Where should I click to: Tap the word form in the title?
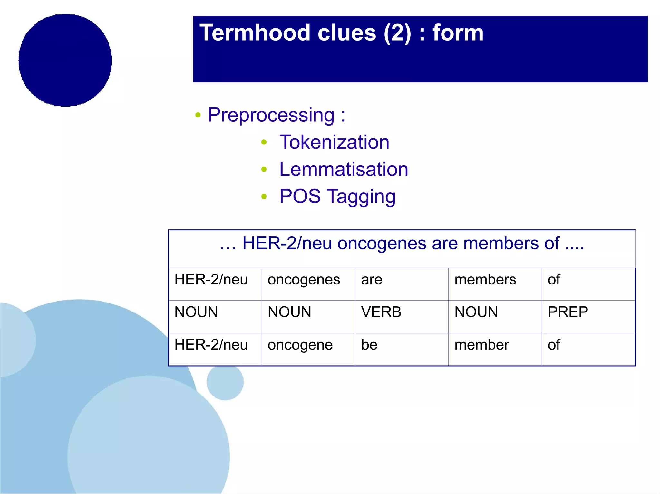(458, 33)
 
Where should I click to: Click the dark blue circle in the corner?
(65, 60)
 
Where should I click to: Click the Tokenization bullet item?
(334, 142)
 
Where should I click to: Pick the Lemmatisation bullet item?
(344, 169)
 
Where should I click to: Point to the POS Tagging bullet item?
(337, 196)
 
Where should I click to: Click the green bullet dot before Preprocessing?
(198, 115)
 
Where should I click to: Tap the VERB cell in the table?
(381, 312)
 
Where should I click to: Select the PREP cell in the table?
(568, 312)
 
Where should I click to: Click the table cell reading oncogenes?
(304, 280)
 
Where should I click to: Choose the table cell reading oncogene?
(300, 345)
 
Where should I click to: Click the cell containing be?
(369, 345)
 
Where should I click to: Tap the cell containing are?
(372, 280)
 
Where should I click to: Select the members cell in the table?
(485, 280)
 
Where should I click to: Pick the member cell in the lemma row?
(481, 345)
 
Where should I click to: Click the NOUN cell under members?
(476, 312)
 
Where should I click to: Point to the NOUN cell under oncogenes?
(289, 312)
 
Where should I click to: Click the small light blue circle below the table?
(225, 382)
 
